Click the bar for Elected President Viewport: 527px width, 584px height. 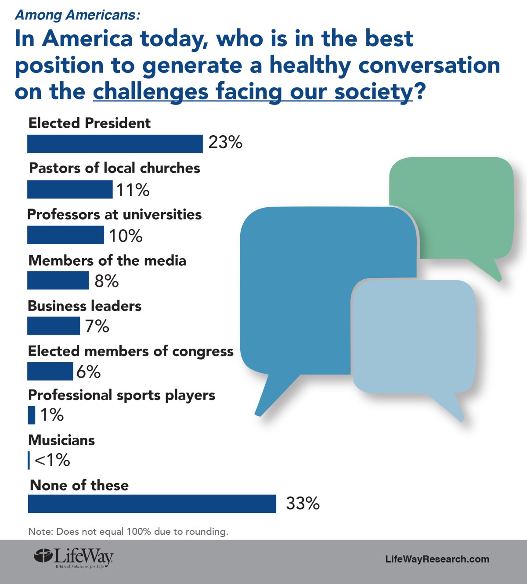(115, 144)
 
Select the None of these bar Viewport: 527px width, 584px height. (152, 504)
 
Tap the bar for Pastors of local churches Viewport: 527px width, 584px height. (70, 190)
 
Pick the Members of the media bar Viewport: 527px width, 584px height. (58, 281)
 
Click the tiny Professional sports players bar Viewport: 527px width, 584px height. (32, 415)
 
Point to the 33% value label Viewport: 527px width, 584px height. (303, 503)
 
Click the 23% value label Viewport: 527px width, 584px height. (225, 142)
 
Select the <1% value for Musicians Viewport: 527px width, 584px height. (52, 460)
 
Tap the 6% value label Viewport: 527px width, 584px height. (89, 372)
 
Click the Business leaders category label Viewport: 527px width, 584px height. (85, 306)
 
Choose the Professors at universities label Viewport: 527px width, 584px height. (115, 214)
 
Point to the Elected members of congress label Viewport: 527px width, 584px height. (131, 351)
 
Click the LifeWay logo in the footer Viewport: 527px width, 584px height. (74, 559)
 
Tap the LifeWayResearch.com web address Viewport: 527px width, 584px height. (437, 559)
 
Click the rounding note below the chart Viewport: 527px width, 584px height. (128, 531)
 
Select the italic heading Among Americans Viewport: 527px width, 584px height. (78, 15)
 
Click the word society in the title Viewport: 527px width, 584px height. (373, 91)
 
